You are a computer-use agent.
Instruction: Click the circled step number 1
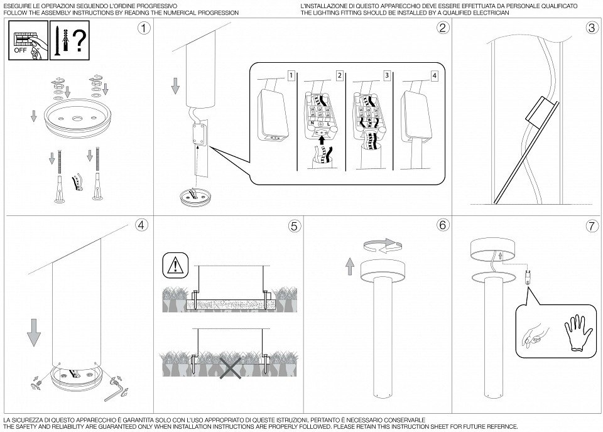tap(144, 28)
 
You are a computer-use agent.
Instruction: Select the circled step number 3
tap(592, 28)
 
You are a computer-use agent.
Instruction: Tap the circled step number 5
tap(294, 226)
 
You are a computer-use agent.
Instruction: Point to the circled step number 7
tap(592, 226)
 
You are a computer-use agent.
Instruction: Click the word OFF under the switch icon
tap(20, 50)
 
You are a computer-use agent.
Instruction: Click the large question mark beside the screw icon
tap(79, 41)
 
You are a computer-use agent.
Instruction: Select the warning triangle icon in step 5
tap(176, 265)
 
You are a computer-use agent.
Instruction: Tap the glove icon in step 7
tap(579, 332)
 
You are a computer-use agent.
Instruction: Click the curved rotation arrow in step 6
tap(383, 247)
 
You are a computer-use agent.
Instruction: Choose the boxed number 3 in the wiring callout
tap(387, 76)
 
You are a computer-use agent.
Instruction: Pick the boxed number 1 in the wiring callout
tap(291, 75)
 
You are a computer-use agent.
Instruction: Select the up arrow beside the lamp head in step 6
tap(350, 267)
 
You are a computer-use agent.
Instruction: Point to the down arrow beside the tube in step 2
tap(175, 85)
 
